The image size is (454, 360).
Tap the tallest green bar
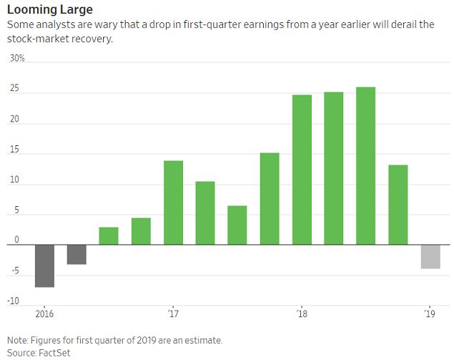365,165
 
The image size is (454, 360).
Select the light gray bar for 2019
430,256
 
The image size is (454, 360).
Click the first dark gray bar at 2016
44,266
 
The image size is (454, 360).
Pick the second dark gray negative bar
77,254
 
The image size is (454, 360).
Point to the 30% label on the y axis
16,59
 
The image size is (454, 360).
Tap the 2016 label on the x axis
44,313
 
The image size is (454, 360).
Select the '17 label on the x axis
173,313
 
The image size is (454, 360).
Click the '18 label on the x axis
302,313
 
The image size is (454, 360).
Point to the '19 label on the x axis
430,313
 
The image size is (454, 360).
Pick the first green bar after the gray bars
109,235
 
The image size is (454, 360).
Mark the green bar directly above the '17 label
173,203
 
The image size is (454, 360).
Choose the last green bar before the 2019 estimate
398,205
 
